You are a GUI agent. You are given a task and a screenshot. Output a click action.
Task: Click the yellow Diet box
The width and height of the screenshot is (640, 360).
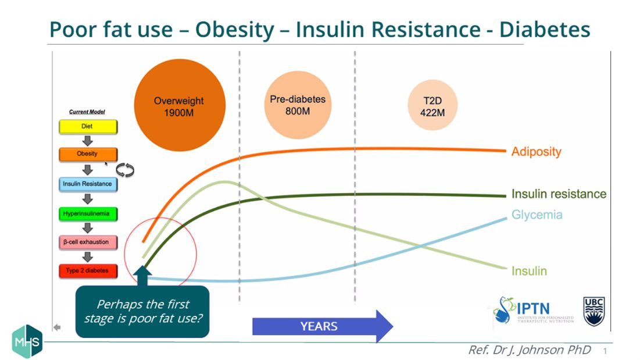pos(87,126)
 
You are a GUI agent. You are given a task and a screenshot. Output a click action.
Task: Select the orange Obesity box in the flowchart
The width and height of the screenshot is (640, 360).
pos(87,154)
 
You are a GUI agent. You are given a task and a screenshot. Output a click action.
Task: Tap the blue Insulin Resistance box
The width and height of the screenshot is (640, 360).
pos(87,184)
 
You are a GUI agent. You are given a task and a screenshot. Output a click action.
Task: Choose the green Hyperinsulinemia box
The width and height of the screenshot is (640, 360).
pos(87,213)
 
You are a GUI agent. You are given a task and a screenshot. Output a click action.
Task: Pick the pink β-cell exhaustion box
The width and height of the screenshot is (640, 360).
pos(87,242)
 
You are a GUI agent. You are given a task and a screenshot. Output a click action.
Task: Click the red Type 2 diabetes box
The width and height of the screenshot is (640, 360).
pos(87,270)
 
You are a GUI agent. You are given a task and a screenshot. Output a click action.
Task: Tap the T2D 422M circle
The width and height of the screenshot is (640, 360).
pos(432,106)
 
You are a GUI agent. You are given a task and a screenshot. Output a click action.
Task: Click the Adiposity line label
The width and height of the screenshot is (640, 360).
pos(536,152)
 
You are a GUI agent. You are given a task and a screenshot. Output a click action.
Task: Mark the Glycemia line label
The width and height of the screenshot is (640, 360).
pos(537,215)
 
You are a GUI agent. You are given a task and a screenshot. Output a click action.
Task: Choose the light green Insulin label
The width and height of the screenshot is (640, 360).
pos(529,271)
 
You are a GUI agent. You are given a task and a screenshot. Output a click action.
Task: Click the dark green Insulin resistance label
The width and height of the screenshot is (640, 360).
pos(559,194)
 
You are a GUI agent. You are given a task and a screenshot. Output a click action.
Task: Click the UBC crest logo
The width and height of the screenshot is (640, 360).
pos(593,311)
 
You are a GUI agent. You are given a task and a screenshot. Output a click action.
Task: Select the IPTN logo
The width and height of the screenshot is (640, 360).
pos(533,311)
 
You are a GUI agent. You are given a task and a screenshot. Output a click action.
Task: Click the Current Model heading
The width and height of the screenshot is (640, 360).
pos(87,112)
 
